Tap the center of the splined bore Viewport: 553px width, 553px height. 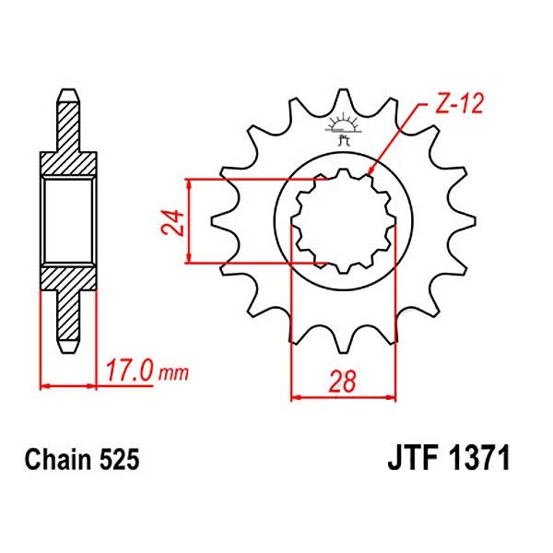tap(343, 221)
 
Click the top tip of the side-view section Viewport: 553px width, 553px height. tap(68, 93)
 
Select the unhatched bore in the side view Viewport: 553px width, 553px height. tap(69, 221)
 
